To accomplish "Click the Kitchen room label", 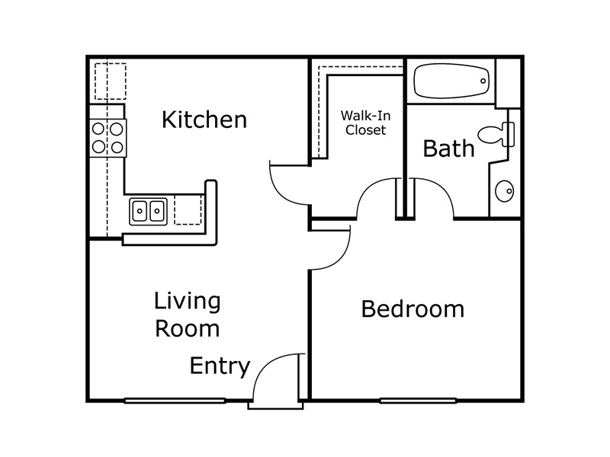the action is pos(204,120).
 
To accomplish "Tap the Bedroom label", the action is pos(413,309).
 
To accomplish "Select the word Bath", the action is pos(448,148).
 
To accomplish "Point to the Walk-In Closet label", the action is pos(365,123).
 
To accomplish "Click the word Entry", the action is pos(220,366).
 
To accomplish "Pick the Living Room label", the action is pos(187,315).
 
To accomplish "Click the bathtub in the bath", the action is pos(451,81).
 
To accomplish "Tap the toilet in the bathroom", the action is pos(496,135).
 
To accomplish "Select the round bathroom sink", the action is pos(504,191).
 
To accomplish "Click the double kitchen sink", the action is pos(148,211).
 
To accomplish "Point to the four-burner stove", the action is pos(108,138).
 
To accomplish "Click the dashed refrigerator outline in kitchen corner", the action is pos(111,81).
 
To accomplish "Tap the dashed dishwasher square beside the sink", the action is pos(188,209).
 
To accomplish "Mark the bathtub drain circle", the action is pos(483,81).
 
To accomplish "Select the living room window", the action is pos(175,401).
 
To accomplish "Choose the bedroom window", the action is pos(418,401).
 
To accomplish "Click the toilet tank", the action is pos(509,135).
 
